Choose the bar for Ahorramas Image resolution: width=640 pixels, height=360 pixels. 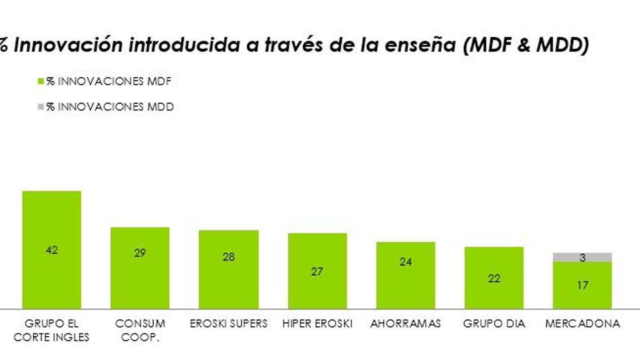pos(406,288)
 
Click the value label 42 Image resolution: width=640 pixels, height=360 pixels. pos(52,250)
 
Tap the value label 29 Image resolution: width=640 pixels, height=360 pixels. pos(140,253)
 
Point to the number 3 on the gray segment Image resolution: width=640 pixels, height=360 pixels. pos(583,258)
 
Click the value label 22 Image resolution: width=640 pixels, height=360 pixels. pos(494,278)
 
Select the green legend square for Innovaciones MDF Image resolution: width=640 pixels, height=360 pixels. pos(41,82)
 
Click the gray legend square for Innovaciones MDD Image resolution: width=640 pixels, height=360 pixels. pos(41,107)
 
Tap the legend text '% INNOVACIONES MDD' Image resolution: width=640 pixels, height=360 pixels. pos(110,107)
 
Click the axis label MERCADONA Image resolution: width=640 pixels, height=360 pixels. pos(582,323)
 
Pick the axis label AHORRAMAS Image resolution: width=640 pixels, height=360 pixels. pos(406,323)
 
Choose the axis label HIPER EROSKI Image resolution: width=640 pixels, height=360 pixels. pos(317,323)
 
